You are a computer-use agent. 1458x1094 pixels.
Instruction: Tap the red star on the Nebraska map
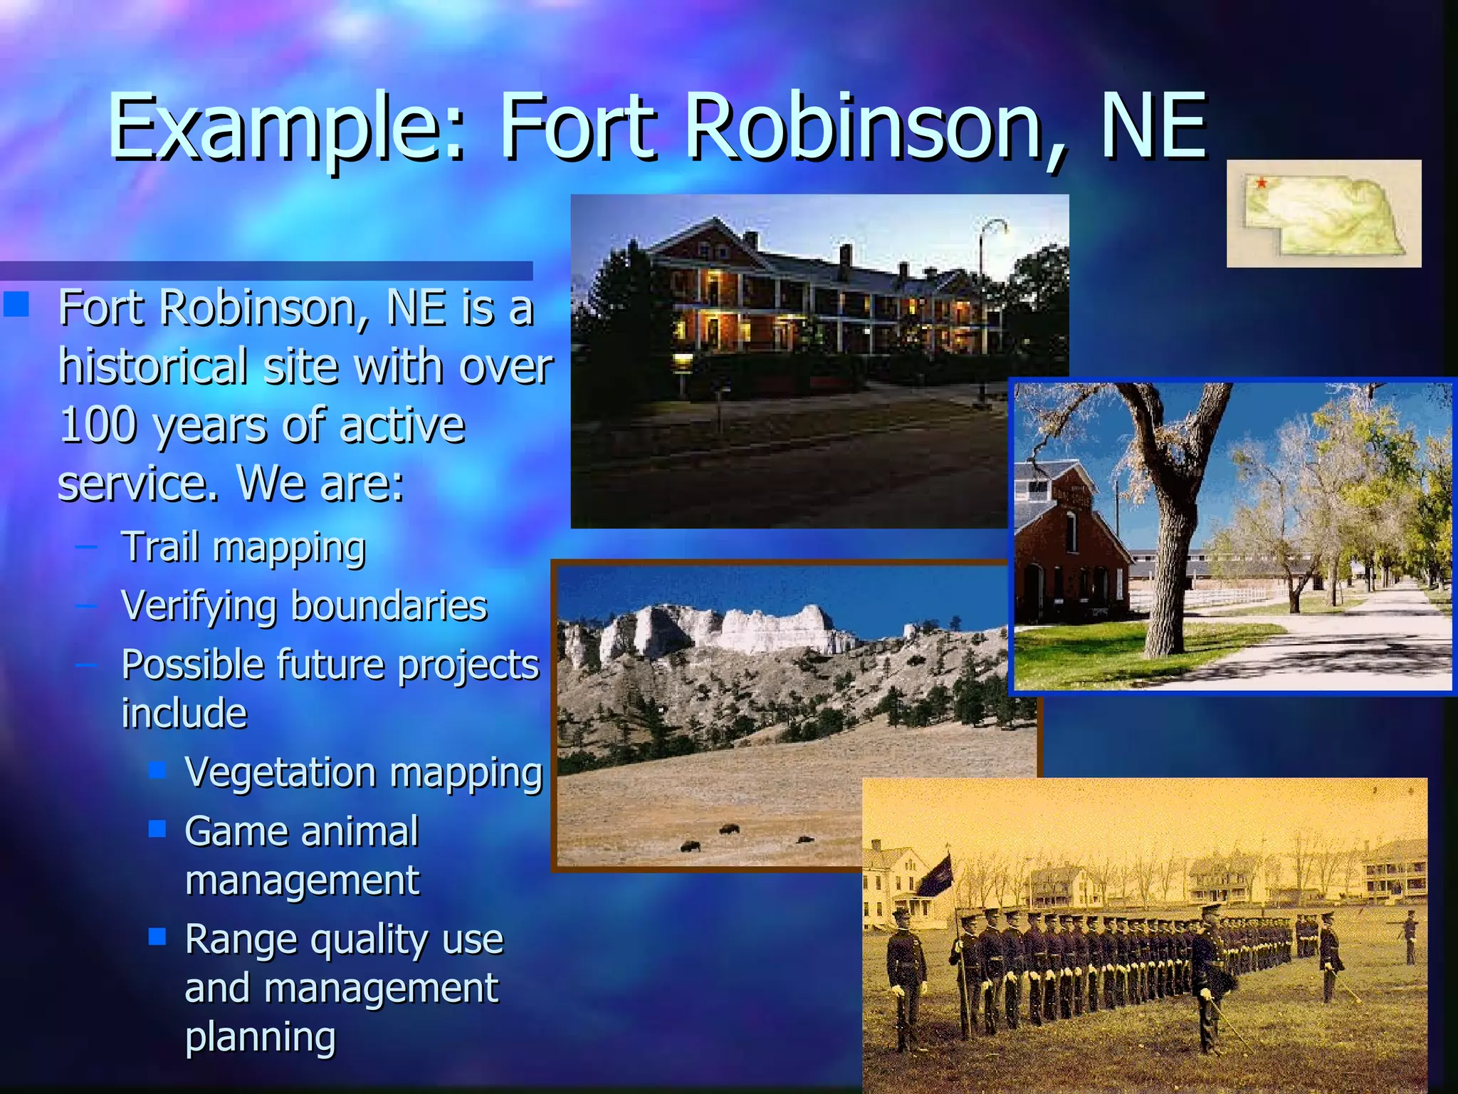pos(1261,184)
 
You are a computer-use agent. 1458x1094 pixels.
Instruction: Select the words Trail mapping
pos(243,547)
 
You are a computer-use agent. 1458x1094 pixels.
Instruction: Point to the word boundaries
pos(389,606)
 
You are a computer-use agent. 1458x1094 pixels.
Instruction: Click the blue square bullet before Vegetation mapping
pos(157,769)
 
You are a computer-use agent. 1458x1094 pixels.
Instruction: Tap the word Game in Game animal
pos(228,831)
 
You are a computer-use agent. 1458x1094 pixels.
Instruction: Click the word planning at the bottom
pos(261,1037)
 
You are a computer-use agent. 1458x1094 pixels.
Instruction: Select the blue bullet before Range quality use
pos(157,936)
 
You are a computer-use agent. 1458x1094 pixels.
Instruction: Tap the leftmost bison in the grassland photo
pos(690,846)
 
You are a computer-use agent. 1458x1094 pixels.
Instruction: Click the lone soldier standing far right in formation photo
pos(1410,936)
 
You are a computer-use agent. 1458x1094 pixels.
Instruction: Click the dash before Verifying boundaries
pos(86,606)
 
